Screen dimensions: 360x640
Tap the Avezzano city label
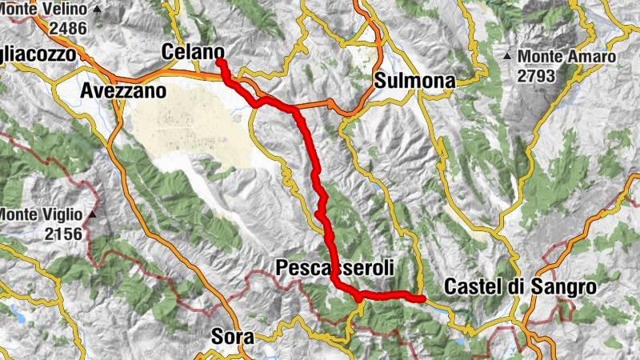point(123,91)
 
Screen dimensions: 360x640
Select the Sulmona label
point(414,81)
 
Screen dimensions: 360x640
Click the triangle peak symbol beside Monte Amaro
point(507,57)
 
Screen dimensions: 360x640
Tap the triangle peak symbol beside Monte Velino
point(98,10)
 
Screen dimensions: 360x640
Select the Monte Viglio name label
point(41,214)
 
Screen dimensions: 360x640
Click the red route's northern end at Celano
point(218,61)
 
